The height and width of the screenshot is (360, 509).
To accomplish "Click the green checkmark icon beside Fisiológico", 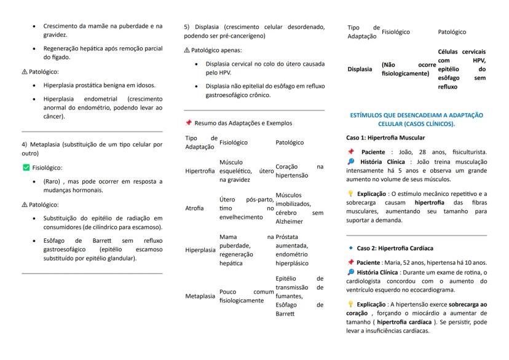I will [x=26, y=167].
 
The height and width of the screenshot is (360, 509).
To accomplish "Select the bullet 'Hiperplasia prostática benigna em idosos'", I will [x=99, y=85].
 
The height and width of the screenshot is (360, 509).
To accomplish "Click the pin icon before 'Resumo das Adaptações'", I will [x=188, y=123].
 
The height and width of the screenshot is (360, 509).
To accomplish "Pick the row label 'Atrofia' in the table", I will [x=194, y=208].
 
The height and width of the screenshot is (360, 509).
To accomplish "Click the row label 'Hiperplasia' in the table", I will [x=200, y=250].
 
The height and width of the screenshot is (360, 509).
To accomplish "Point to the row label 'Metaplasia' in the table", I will [x=200, y=295].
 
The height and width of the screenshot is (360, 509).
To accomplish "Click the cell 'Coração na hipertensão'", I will [x=299, y=171].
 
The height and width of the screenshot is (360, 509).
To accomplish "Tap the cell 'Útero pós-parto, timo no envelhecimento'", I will [x=246, y=208].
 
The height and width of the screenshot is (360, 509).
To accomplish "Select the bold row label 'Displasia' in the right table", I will [x=360, y=69].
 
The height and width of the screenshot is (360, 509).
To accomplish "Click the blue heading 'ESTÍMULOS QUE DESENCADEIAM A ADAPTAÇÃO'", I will [x=416, y=115].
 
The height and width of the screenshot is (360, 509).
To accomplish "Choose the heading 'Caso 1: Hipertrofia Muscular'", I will [x=385, y=138].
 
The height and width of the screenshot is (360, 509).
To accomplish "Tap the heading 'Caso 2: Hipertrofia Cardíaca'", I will [x=395, y=248].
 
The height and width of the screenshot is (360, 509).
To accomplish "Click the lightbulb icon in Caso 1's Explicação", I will [x=350, y=194].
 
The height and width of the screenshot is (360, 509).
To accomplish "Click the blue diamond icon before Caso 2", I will [x=350, y=248].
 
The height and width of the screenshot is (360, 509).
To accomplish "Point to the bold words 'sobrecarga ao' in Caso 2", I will [x=468, y=304].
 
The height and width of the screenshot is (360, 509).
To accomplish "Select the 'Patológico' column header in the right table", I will [x=452, y=31].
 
